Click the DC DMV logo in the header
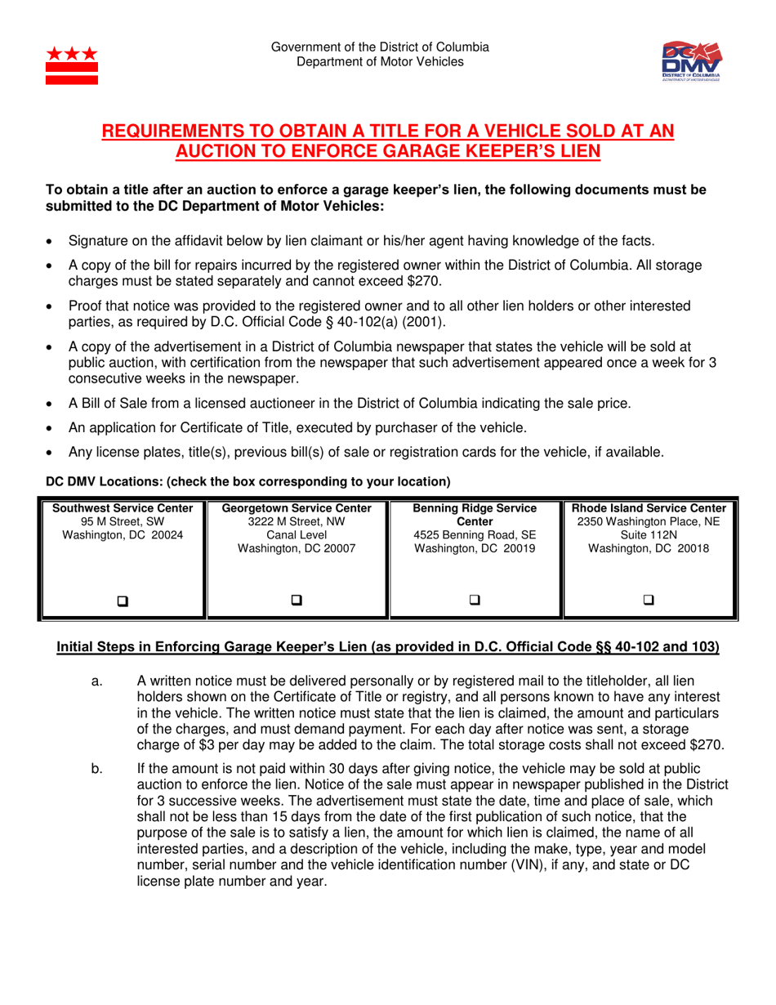pos(692,61)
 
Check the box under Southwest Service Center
pos(123,578)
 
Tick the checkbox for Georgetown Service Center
pos(297,578)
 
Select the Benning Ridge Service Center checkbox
pos(475,578)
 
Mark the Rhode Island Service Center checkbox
pos(649,578)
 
